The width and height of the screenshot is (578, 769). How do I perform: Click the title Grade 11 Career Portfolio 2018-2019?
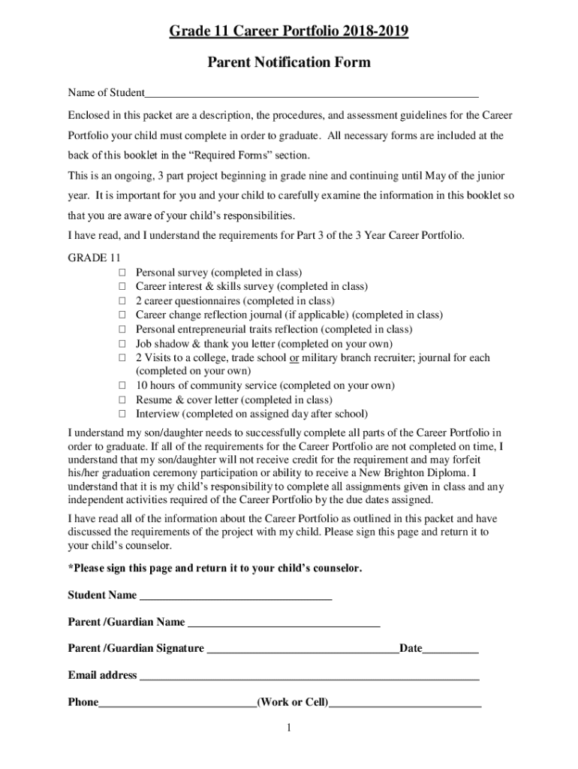coord(288,32)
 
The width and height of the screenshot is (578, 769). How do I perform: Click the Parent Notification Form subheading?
coord(288,62)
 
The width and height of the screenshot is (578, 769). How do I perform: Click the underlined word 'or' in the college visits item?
coord(294,358)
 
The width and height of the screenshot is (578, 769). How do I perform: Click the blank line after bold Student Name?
coord(236,597)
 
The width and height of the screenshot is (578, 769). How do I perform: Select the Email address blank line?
coord(309,677)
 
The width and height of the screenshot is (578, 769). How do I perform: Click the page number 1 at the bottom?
coord(289,728)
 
